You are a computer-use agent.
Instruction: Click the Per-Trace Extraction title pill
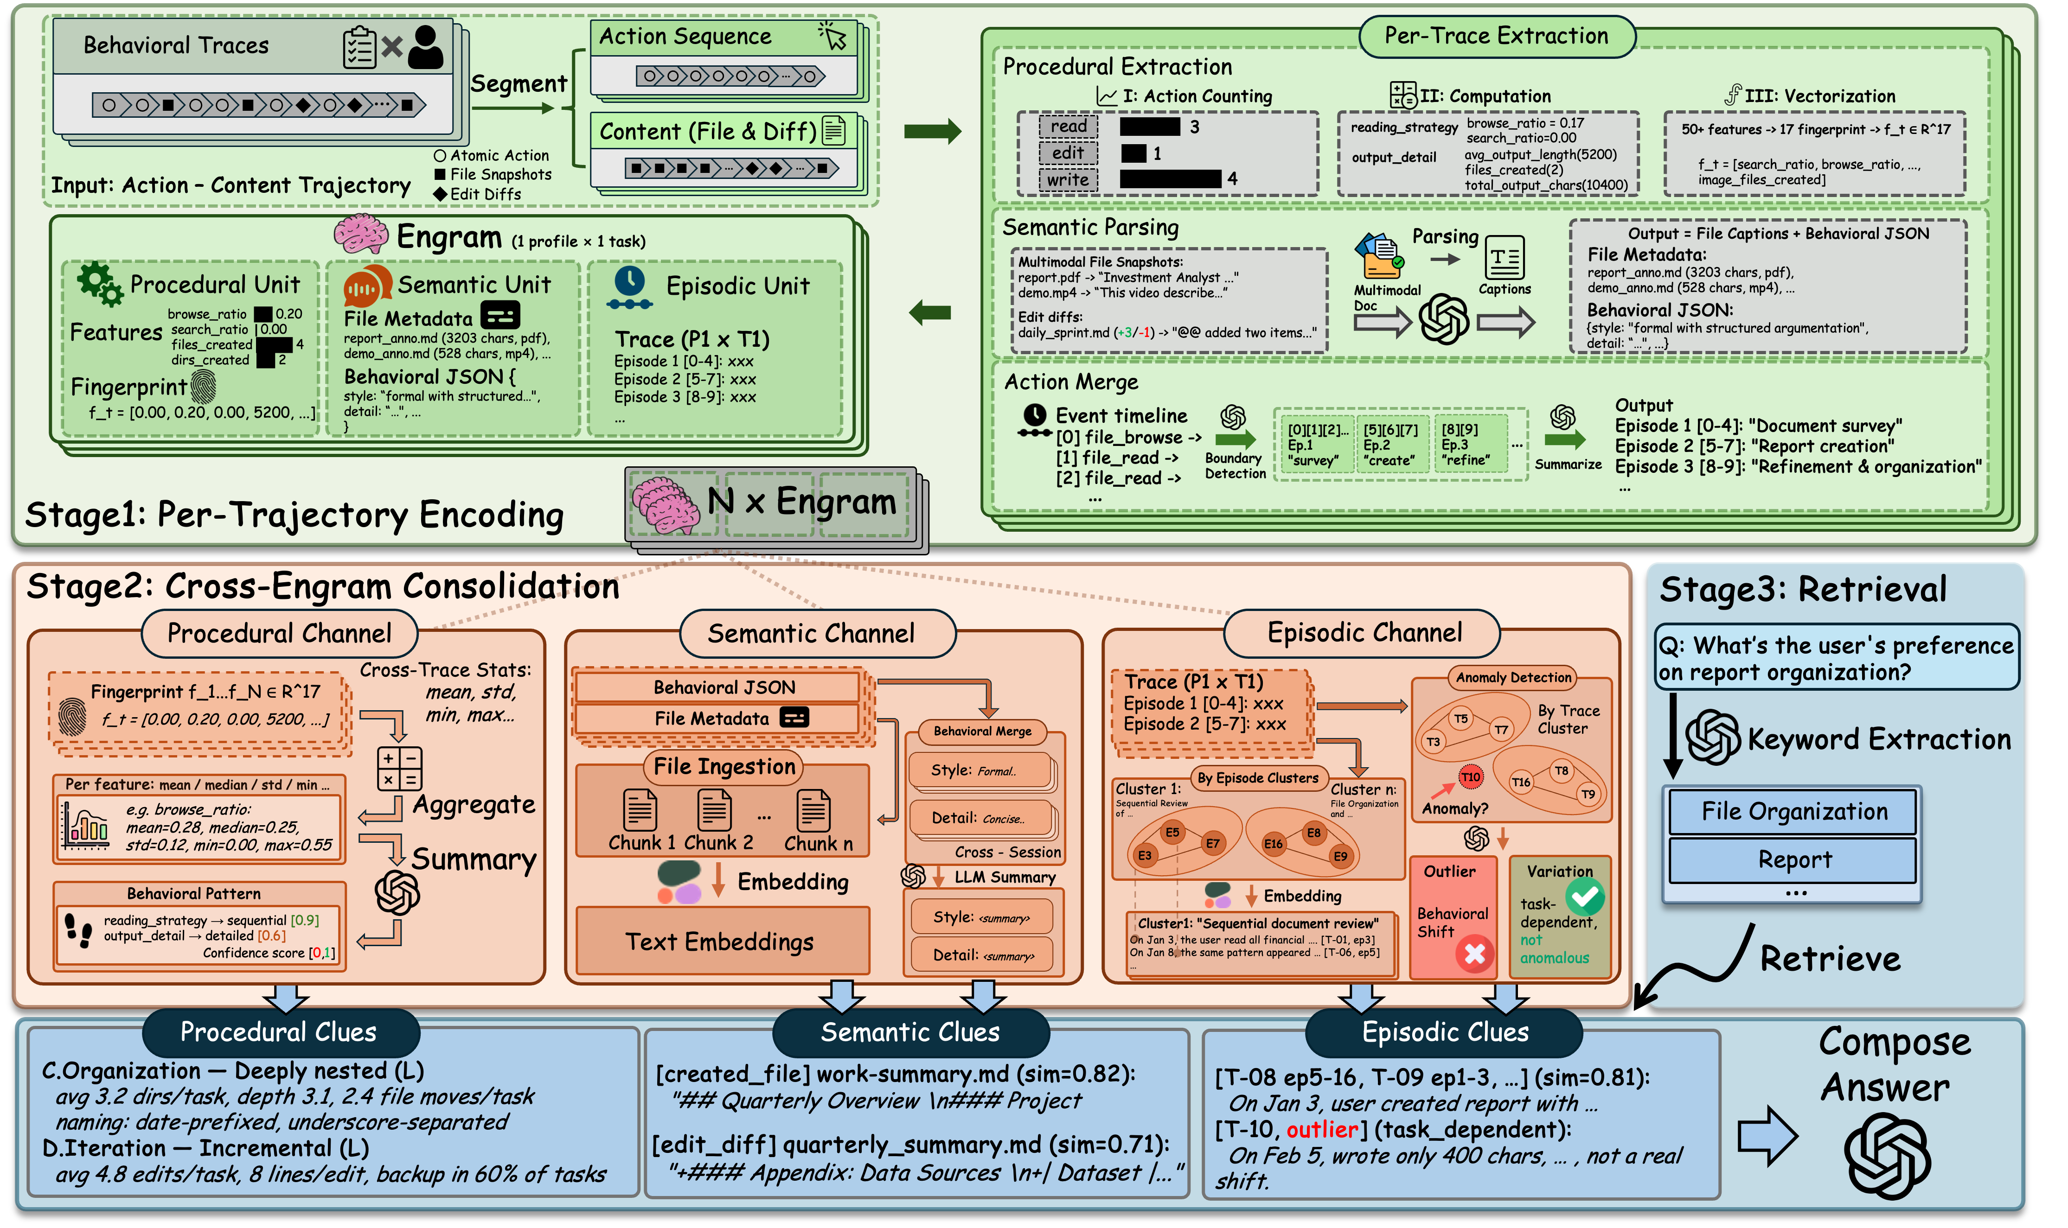click(1496, 37)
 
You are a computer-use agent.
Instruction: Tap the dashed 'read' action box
click(1068, 127)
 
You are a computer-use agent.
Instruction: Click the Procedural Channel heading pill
click(279, 634)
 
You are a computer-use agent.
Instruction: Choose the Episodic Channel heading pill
click(1364, 633)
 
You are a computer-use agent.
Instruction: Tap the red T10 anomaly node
click(1470, 777)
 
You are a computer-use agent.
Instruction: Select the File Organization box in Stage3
click(1794, 812)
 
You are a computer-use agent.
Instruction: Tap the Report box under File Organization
click(1794, 860)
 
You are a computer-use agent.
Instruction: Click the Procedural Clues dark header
click(279, 1032)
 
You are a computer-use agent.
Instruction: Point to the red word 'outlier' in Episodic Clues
click(1322, 1130)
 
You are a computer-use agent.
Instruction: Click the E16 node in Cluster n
click(1273, 844)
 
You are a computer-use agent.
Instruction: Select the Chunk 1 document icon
click(640, 810)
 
